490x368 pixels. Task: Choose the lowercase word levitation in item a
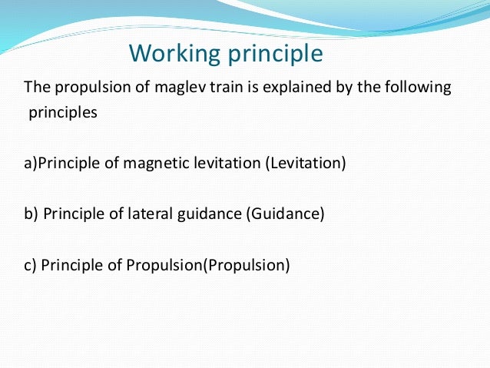[228, 163]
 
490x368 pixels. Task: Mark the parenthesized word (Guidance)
[285, 214]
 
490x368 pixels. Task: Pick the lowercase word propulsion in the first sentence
[84, 88]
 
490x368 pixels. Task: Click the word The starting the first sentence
[36, 88]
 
